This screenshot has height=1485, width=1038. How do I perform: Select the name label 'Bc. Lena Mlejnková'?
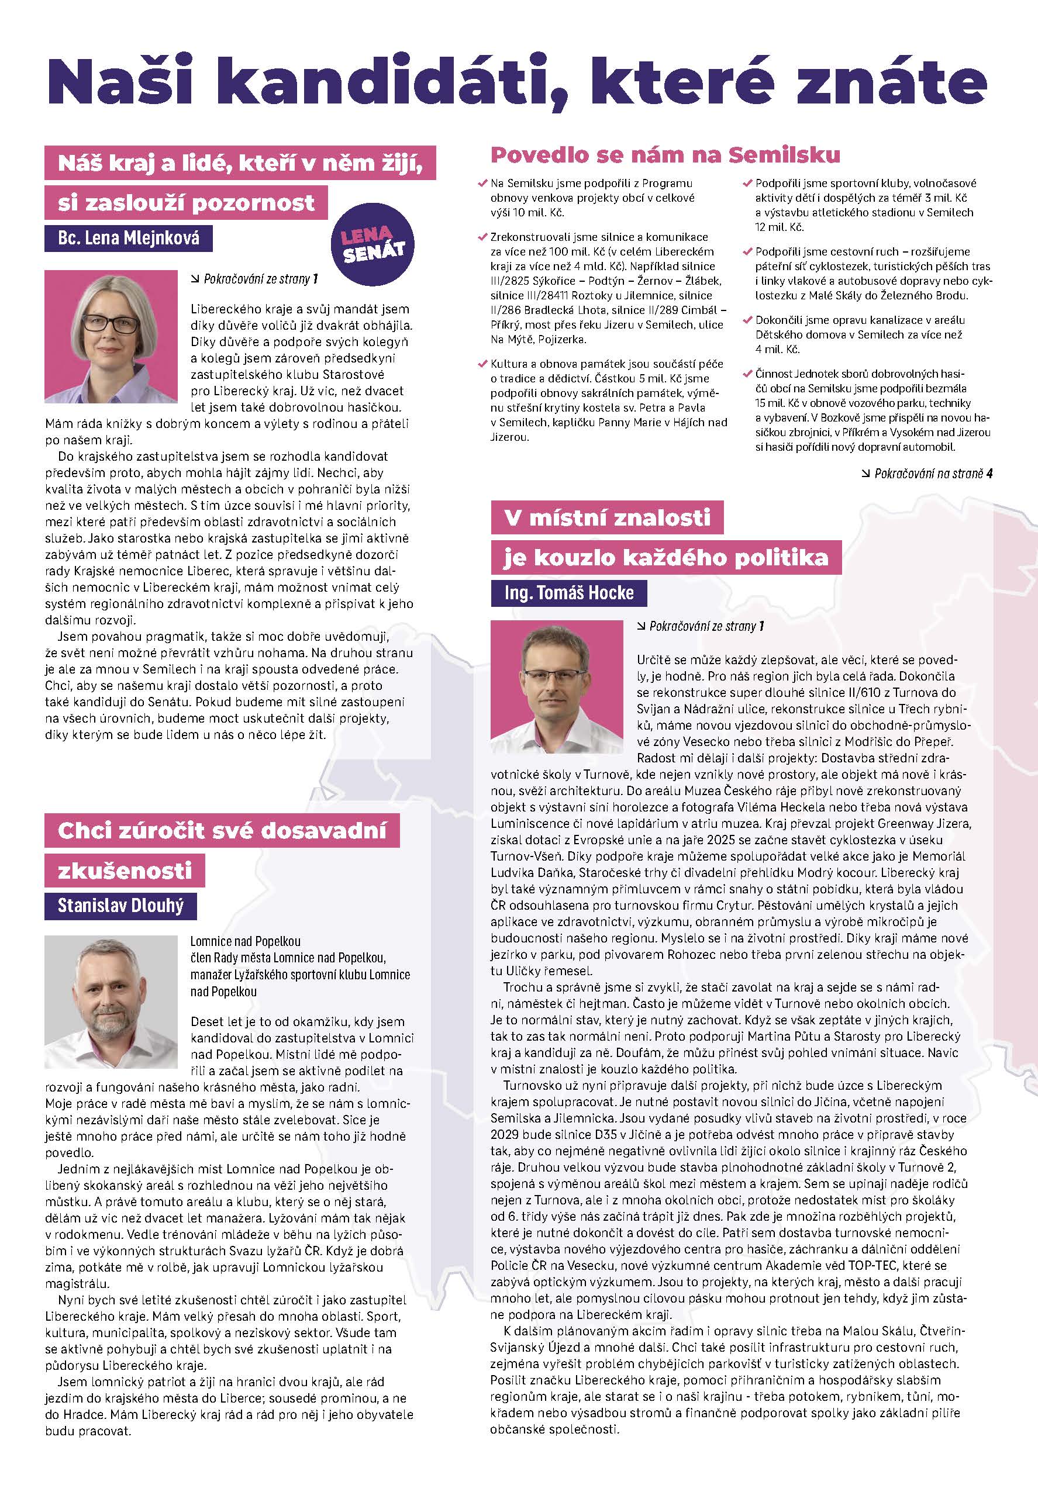[128, 239]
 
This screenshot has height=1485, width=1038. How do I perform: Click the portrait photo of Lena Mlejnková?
[111, 336]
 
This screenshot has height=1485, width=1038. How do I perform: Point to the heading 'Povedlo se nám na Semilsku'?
[665, 156]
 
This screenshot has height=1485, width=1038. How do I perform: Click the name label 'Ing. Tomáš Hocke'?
[569, 592]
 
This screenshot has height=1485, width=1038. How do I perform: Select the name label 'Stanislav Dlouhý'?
[120, 906]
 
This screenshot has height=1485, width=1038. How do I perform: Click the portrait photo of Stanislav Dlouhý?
[111, 1001]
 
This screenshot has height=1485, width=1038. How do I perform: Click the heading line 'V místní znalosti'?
[606, 517]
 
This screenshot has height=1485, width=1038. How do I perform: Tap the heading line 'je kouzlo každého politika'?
[666, 558]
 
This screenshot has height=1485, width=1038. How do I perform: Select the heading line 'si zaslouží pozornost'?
[186, 203]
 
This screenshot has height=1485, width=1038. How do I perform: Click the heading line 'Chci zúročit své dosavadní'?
[222, 830]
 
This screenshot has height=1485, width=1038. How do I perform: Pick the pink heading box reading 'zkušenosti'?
[125, 871]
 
